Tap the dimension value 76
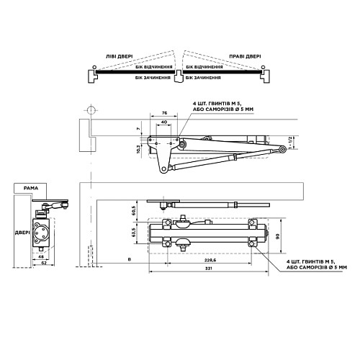point(165,113)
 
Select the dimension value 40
point(165,123)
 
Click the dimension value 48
point(41,257)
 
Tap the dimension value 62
point(44,264)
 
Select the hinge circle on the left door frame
point(91,112)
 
